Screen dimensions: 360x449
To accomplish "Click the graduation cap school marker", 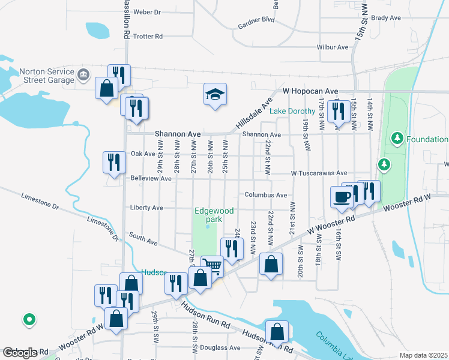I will coord(215,95).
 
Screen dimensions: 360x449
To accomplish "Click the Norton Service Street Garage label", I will coord(47,74).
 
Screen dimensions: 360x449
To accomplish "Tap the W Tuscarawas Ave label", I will coord(319,173).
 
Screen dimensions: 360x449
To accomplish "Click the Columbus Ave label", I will coord(265,195).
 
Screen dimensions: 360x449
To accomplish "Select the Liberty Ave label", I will coord(146,208).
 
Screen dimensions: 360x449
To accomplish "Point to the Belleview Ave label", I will coord(151,179).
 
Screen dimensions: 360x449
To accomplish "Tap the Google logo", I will coord(19,353).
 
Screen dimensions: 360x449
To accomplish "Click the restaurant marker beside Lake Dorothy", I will coord(339,112).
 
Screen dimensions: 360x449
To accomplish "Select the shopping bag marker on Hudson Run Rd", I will coord(277,331).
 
